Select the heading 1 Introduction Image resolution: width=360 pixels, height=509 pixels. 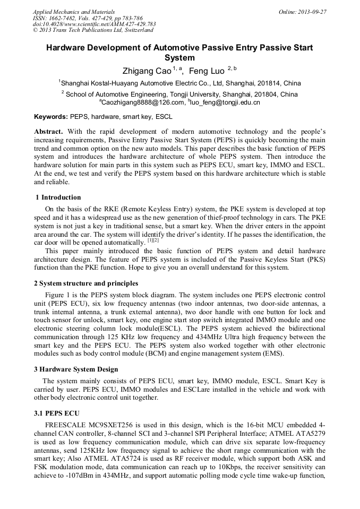58,197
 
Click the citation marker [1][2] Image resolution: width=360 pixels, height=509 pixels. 153,241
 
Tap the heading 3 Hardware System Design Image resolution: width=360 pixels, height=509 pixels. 76,369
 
